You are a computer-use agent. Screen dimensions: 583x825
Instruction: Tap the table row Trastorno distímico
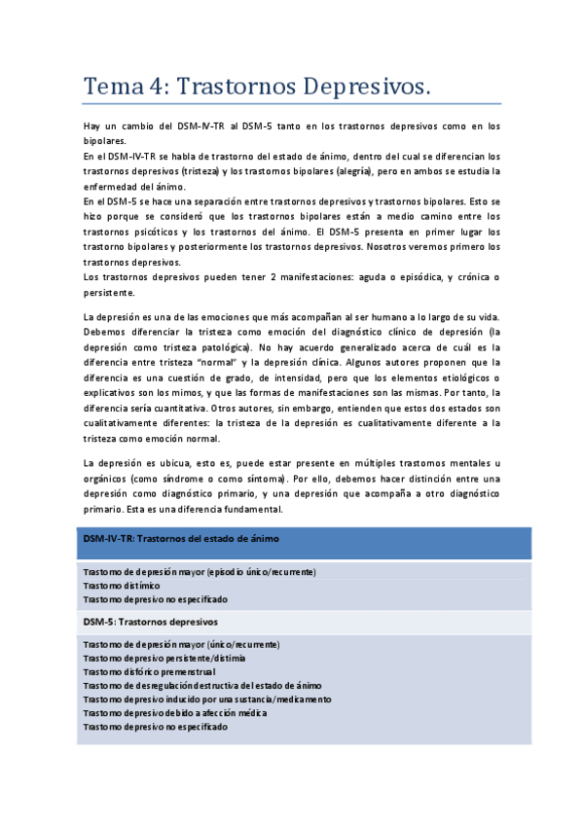click(122, 586)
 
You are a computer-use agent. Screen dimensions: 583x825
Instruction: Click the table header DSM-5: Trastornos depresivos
click(150, 621)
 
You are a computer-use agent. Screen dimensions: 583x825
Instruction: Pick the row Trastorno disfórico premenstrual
click(149, 671)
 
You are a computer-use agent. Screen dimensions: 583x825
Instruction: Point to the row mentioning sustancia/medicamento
click(206, 699)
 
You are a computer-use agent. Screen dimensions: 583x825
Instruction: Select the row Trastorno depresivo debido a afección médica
click(175, 712)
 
